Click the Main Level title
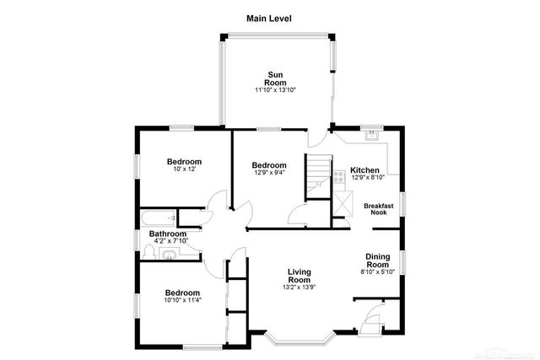(269, 18)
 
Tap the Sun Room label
(276, 78)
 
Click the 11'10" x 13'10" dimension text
(276, 90)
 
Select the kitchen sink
(370, 135)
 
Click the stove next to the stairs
(338, 177)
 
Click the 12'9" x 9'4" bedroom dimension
(269, 174)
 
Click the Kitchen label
(365, 169)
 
